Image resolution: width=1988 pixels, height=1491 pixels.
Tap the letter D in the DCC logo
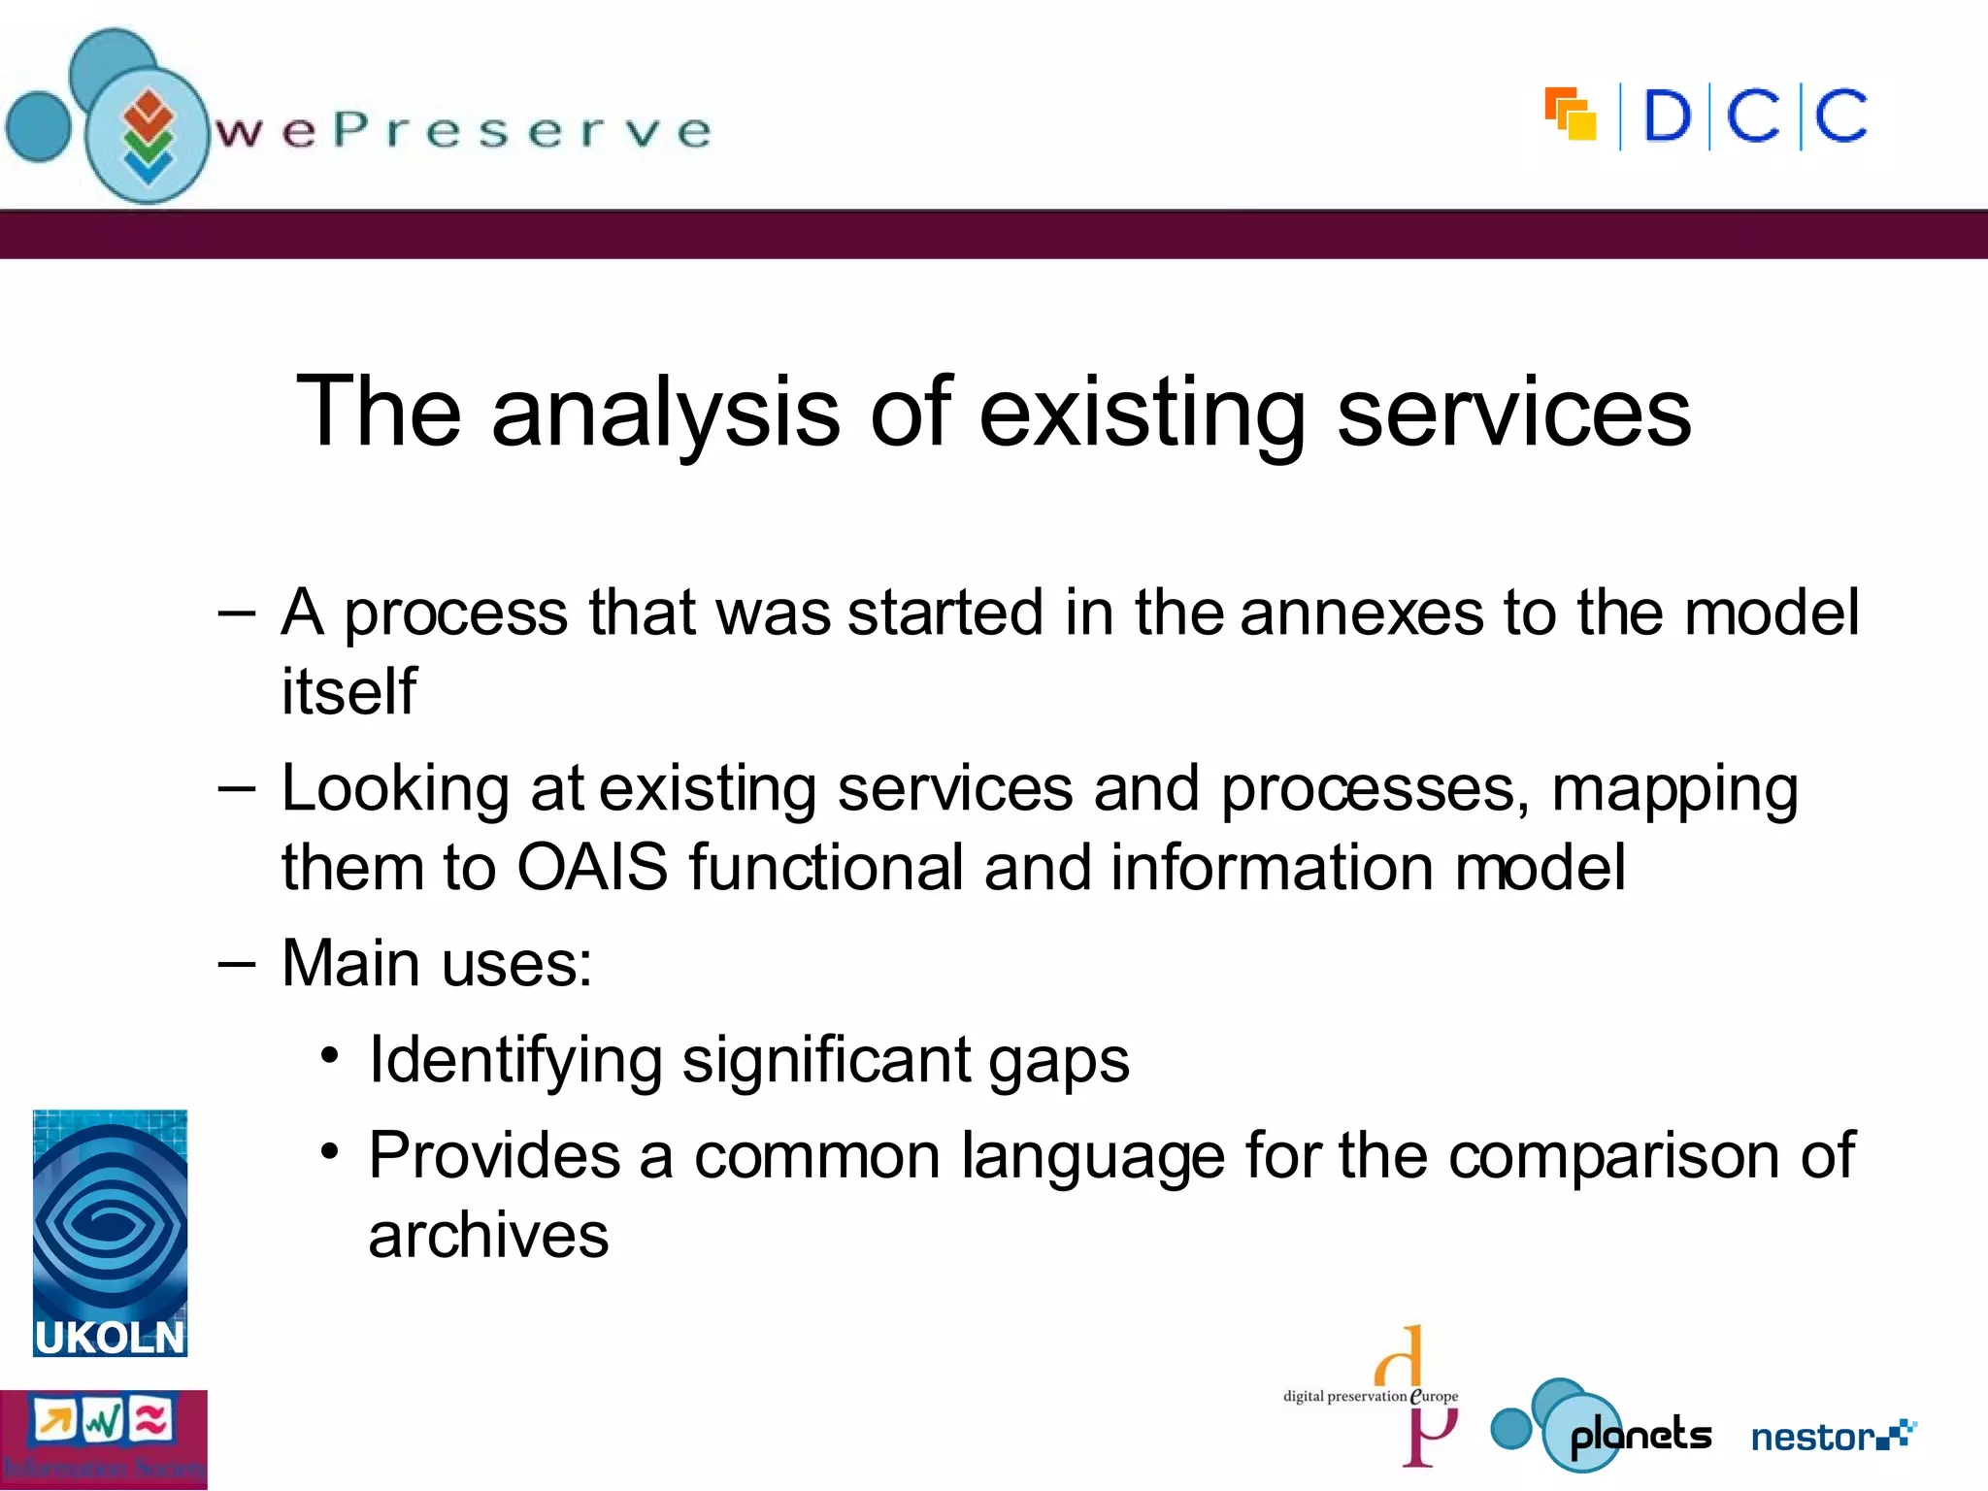point(1667,117)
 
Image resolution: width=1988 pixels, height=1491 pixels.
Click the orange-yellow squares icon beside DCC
point(1571,115)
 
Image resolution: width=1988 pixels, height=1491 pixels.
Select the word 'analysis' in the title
point(665,413)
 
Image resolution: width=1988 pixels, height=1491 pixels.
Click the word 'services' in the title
point(1513,413)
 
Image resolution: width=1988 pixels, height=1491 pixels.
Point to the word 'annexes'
point(1361,613)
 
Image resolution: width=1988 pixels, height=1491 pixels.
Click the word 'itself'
point(348,691)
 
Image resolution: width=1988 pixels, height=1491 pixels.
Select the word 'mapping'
point(1674,789)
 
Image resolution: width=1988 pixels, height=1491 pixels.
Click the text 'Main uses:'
point(437,963)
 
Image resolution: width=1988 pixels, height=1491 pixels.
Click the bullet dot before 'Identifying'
point(330,1054)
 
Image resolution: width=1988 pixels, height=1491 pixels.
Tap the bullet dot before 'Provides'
point(330,1151)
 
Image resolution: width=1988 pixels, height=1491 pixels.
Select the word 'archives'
point(488,1235)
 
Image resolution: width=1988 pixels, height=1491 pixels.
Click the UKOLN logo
point(110,1233)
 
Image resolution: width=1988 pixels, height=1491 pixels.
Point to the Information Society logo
point(103,1439)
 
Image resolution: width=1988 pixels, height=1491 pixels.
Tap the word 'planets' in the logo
point(1640,1435)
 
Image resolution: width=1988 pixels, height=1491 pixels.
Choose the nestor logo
point(1832,1436)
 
